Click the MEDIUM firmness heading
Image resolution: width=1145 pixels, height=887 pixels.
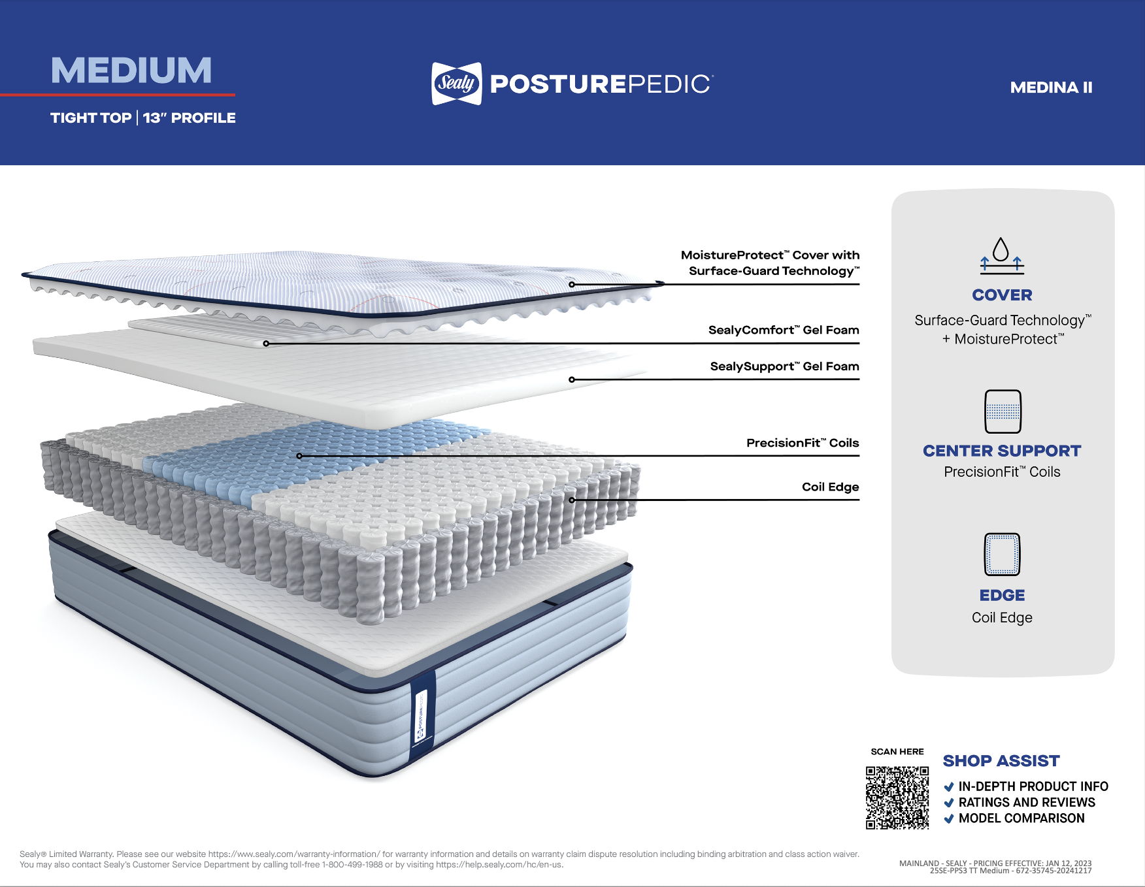point(131,71)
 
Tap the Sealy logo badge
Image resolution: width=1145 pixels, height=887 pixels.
point(456,84)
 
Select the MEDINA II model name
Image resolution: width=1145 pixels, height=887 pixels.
point(1051,88)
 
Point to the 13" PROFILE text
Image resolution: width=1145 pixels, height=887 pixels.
point(190,118)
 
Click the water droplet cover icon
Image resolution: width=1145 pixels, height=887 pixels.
point(1001,255)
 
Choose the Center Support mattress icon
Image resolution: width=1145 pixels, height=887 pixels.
point(1003,411)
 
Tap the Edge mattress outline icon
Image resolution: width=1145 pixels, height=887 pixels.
point(1002,555)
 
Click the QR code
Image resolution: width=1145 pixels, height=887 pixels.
point(897,798)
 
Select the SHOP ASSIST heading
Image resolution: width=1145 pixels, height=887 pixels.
point(1001,761)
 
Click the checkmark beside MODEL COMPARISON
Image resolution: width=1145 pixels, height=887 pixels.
point(949,819)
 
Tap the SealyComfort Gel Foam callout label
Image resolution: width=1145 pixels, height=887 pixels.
point(783,331)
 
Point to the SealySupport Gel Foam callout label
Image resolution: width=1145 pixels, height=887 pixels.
point(784,367)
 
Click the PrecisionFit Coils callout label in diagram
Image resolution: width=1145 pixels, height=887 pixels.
point(802,443)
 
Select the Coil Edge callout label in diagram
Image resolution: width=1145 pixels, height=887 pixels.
point(830,487)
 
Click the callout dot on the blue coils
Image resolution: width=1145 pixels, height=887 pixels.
point(299,456)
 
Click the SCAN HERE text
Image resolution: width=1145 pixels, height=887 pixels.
point(897,752)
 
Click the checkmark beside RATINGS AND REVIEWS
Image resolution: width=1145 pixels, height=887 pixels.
point(949,803)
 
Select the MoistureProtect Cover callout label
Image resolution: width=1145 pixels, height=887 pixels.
point(770,263)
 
